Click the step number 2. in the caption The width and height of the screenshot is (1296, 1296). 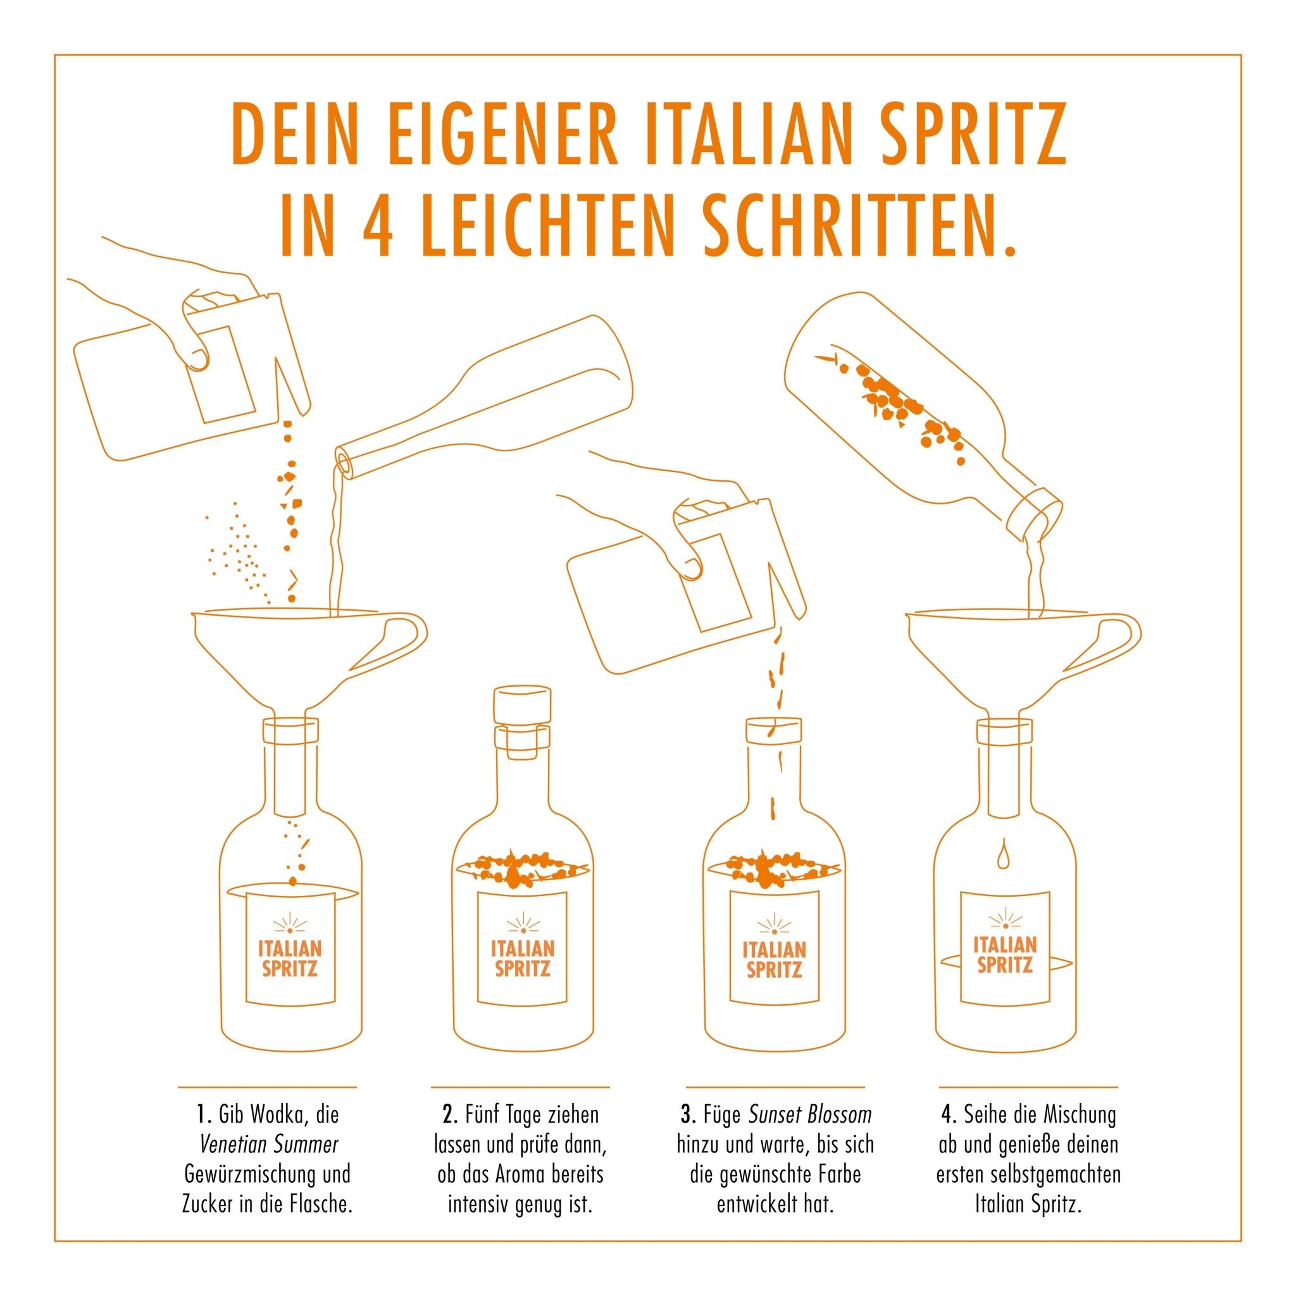450,1115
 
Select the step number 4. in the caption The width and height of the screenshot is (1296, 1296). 948,1115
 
